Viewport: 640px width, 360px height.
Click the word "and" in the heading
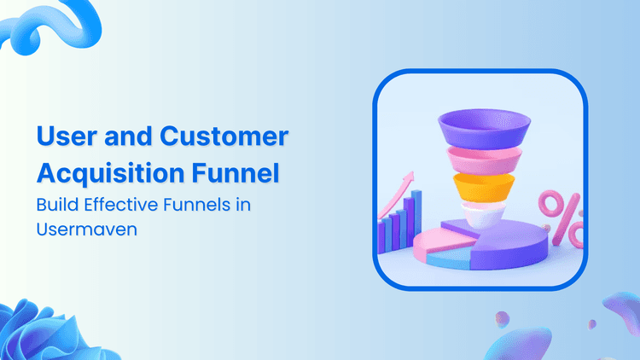[131, 136]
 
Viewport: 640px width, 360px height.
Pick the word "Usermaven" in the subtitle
[73, 229]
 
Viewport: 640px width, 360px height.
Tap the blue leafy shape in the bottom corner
[38, 333]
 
